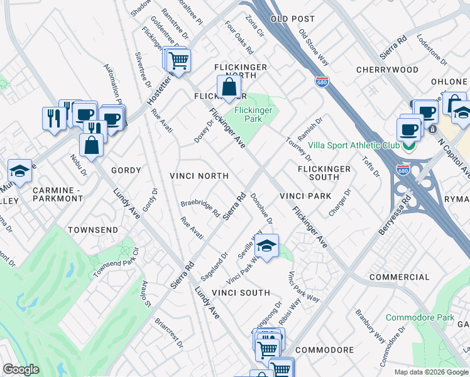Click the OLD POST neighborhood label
tap(292, 19)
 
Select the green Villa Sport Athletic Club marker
tap(408, 146)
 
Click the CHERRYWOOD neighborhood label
tap(387, 70)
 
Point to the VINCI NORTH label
tap(199, 176)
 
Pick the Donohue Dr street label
tap(261, 209)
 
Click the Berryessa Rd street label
tap(394, 216)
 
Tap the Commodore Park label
tap(420, 317)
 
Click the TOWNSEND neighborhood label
tap(92, 230)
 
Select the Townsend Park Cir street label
tap(116, 263)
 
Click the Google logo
tap(21, 369)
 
